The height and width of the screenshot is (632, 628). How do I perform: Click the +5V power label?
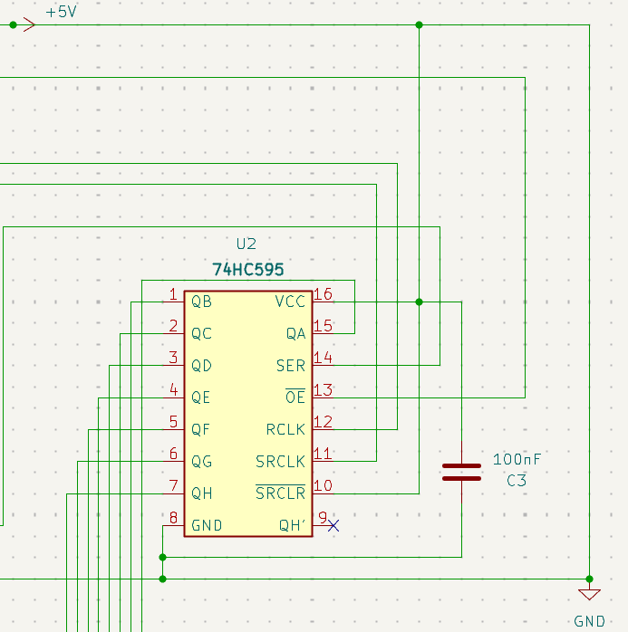(x=61, y=14)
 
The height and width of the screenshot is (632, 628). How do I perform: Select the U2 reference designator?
(x=246, y=244)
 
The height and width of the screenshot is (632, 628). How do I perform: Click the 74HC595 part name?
(x=248, y=270)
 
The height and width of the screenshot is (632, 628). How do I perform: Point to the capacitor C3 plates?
(x=461, y=472)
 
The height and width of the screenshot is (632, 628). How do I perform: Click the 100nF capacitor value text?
(x=517, y=460)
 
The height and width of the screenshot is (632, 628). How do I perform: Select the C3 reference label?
(x=517, y=481)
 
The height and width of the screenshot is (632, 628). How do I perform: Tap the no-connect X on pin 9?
(x=333, y=525)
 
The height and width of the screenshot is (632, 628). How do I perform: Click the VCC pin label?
(x=290, y=302)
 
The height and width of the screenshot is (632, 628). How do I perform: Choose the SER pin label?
(x=291, y=366)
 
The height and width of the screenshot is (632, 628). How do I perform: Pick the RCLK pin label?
(x=285, y=429)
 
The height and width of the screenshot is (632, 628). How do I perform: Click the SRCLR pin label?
(x=280, y=493)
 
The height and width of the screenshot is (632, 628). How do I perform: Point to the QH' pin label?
(x=292, y=525)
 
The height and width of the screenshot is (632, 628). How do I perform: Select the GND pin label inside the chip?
(x=207, y=525)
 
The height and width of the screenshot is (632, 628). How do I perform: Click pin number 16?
(x=323, y=294)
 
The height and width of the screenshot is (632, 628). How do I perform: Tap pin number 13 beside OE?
(x=323, y=390)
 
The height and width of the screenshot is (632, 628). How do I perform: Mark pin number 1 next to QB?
(x=173, y=294)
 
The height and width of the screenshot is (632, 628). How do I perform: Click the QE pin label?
(x=201, y=397)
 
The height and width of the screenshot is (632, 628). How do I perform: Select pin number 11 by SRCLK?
(x=323, y=454)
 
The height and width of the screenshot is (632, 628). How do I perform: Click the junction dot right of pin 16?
(x=419, y=302)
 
